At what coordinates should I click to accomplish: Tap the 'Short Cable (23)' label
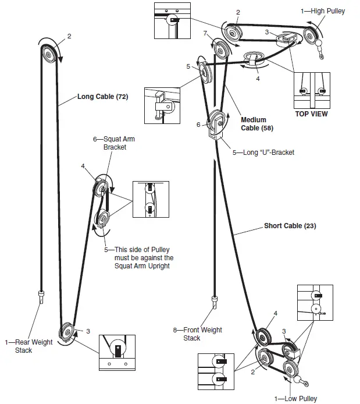click(x=290, y=226)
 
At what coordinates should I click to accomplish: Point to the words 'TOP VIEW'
click(x=311, y=114)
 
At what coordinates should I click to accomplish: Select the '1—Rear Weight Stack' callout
click(x=29, y=346)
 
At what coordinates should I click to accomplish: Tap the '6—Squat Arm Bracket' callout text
click(x=111, y=144)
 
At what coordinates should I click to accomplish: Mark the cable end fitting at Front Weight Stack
click(x=215, y=301)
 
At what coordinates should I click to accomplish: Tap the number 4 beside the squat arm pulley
click(x=84, y=166)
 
